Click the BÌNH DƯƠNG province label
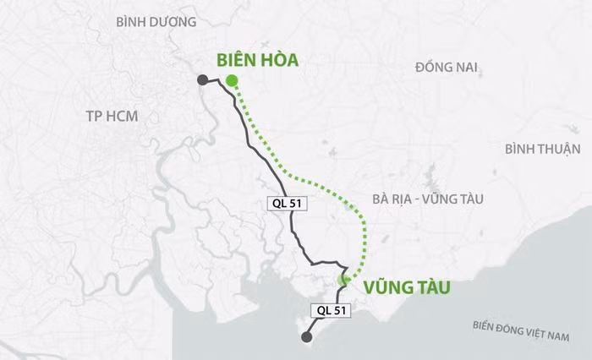pyautogui.click(x=156, y=21)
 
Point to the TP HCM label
pyautogui.click(x=111, y=116)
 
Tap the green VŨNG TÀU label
pyautogui.click(x=406, y=288)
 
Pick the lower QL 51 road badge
pyautogui.click(x=331, y=310)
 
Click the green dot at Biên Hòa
pyautogui.click(x=231, y=81)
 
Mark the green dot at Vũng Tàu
pyautogui.click(x=344, y=280)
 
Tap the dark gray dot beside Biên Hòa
pyautogui.click(x=203, y=80)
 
